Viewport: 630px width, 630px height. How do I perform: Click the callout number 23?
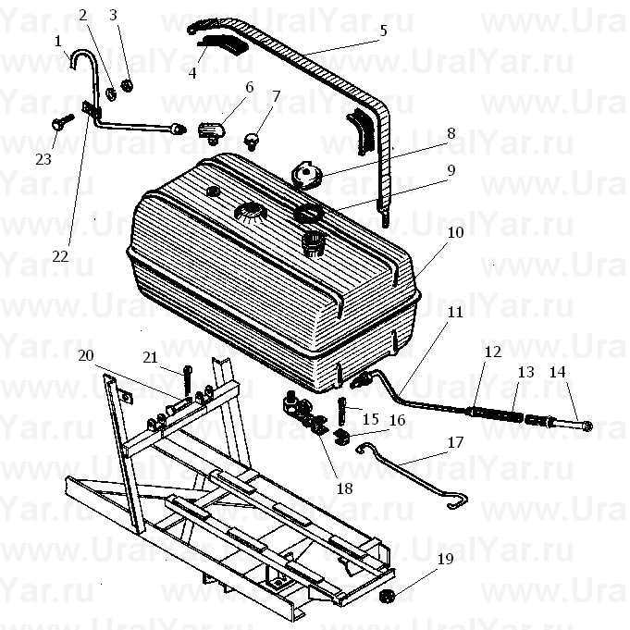(x=43, y=159)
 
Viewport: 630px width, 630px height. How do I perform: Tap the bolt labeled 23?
(x=63, y=121)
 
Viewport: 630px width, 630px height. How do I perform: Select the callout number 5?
(x=383, y=31)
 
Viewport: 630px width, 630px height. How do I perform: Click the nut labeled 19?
(x=387, y=597)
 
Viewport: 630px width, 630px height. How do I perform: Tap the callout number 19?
(x=445, y=559)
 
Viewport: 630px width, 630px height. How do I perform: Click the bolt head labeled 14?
(x=586, y=426)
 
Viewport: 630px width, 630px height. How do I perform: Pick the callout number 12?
(x=493, y=352)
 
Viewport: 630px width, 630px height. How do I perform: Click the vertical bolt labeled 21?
(x=187, y=379)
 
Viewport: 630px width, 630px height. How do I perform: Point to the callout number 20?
(x=86, y=355)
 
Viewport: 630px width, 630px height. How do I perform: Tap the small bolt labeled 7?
(x=252, y=141)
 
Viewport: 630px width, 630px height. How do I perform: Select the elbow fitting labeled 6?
(x=211, y=131)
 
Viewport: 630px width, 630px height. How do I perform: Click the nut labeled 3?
(x=127, y=85)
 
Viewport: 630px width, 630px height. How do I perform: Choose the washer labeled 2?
(x=111, y=93)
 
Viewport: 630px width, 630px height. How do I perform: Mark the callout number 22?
(x=60, y=256)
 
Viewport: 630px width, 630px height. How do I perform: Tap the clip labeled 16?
(x=341, y=436)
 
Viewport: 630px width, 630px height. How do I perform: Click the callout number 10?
(x=455, y=232)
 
